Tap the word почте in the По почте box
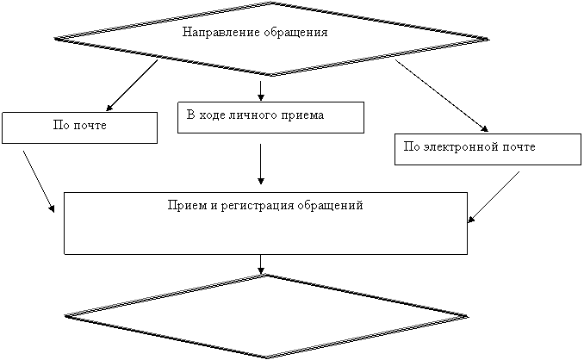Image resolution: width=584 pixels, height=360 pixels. [x=90, y=125]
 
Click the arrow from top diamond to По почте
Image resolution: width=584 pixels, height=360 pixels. [x=132, y=85]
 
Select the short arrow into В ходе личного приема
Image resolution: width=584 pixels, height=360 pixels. [x=261, y=90]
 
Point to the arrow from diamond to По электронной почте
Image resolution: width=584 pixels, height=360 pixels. [x=442, y=96]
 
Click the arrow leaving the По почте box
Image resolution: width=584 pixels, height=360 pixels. [x=39, y=182]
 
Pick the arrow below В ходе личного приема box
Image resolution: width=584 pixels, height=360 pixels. [x=261, y=164]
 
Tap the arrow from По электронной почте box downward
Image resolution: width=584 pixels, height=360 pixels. [x=494, y=197]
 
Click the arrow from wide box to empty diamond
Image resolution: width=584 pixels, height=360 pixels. [x=261, y=264]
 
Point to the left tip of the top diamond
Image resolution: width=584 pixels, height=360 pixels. [x=54, y=38]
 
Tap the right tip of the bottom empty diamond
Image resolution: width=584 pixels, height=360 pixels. [x=469, y=317]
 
